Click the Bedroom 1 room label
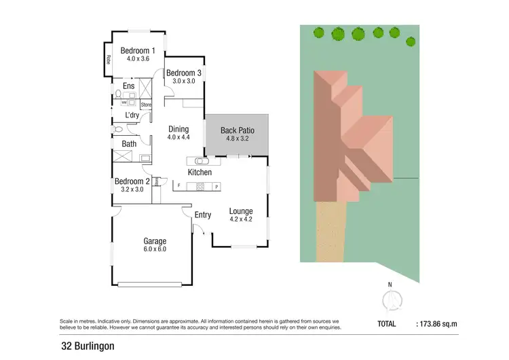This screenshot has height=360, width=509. (x=138, y=50)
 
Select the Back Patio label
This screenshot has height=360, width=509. (x=237, y=130)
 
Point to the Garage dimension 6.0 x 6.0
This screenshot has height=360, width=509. (x=154, y=249)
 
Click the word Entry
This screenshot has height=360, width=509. (x=203, y=215)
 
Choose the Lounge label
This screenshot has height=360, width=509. (x=240, y=211)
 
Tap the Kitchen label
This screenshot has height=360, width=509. (x=200, y=173)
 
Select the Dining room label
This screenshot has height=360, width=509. (x=178, y=129)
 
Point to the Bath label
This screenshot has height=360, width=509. (x=129, y=144)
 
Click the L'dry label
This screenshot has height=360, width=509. (x=132, y=115)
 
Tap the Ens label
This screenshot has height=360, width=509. (x=128, y=86)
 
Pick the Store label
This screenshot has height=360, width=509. (x=146, y=105)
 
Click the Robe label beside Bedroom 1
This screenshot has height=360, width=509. (x=107, y=60)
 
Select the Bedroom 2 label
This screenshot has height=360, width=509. (x=132, y=181)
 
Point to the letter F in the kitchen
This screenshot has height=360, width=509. (x=178, y=185)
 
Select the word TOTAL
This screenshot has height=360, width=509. (x=387, y=325)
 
